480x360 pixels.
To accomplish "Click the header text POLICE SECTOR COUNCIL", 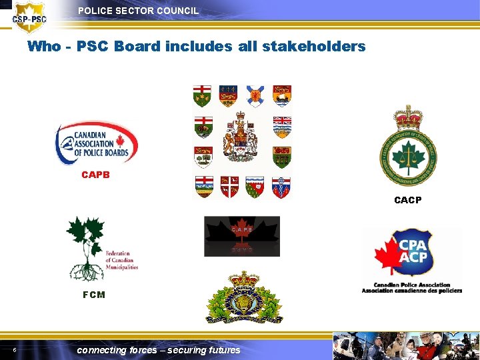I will pos(138,11).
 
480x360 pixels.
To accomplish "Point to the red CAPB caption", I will pos(95,175).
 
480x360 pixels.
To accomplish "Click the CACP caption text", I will pos(407,200).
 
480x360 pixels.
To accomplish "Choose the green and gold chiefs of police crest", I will pos(408,147).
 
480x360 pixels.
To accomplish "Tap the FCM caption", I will pos(93,295).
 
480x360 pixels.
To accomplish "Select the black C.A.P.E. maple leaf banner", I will pos(242,237).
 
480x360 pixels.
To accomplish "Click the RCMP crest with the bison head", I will pos(244,298).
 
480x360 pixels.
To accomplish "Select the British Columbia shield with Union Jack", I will pos(282,126).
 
